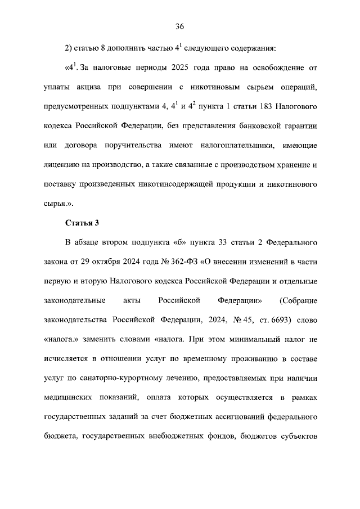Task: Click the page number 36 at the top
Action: pos(180,26)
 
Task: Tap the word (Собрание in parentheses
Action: pos(299,301)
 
